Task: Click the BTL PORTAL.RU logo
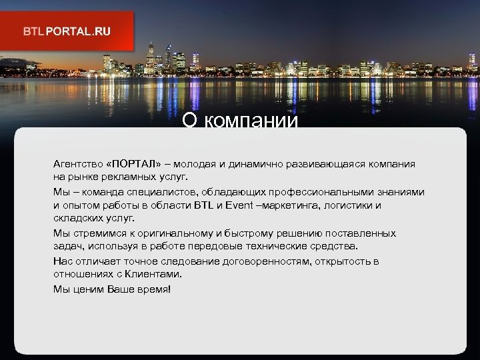pyautogui.click(x=67, y=31)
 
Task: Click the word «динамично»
pyautogui.click(x=270, y=164)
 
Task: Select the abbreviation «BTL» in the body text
pyautogui.click(x=203, y=205)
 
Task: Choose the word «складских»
pyautogui.click(x=79, y=219)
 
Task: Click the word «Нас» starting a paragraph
pyautogui.click(x=63, y=261)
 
